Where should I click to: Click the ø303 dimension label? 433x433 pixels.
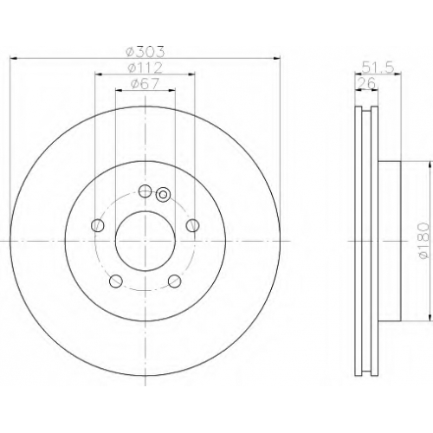click(145, 52)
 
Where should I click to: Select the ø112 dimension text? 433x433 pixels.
click(145, 68)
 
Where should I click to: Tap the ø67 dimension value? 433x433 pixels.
click(145, 84)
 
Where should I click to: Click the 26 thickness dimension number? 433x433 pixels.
click(366, 83)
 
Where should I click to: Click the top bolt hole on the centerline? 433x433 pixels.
click(145, 191)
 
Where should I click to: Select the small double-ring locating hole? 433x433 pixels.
click(163, 195)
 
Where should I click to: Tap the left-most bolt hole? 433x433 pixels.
click(98, 225)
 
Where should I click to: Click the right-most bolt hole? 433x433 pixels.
click(192, 225)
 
